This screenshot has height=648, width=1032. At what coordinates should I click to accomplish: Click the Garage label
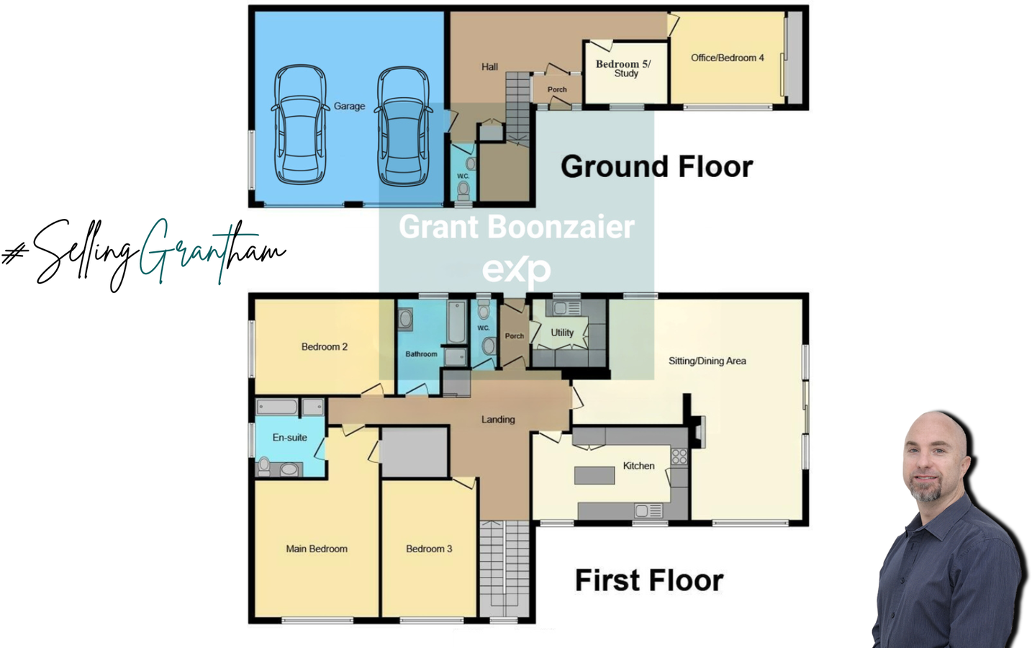click(x=349, y=107)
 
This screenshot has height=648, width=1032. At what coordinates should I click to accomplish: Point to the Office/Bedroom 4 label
click(x=727, y=58)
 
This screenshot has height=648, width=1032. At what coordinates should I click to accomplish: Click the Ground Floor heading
click(x=656, y=167)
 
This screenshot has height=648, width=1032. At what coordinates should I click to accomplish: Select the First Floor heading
click(x=648, y=580)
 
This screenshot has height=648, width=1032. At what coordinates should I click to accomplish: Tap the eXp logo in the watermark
click(x=516, y=270)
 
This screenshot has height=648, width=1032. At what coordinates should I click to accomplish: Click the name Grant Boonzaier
click(x=516, y=228)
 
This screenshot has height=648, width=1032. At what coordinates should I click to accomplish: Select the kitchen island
click(x=594, y=475)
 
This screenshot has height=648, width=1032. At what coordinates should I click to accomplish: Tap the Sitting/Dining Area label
click(x=707, y=361)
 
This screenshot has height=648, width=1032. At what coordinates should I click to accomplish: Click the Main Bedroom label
click(x=317, y=549)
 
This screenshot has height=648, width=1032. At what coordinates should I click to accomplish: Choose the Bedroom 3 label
click(x=429, y=549)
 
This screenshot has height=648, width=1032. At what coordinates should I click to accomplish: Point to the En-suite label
click(x=289, y=438)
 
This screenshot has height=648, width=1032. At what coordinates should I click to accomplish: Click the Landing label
click(x=498, y=420)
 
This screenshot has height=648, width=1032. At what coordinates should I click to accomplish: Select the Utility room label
click(x=562, y=333)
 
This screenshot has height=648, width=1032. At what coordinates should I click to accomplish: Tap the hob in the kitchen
click(x=679, y=456)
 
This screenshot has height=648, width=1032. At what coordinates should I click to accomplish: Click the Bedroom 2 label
click(x=324, y=347)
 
